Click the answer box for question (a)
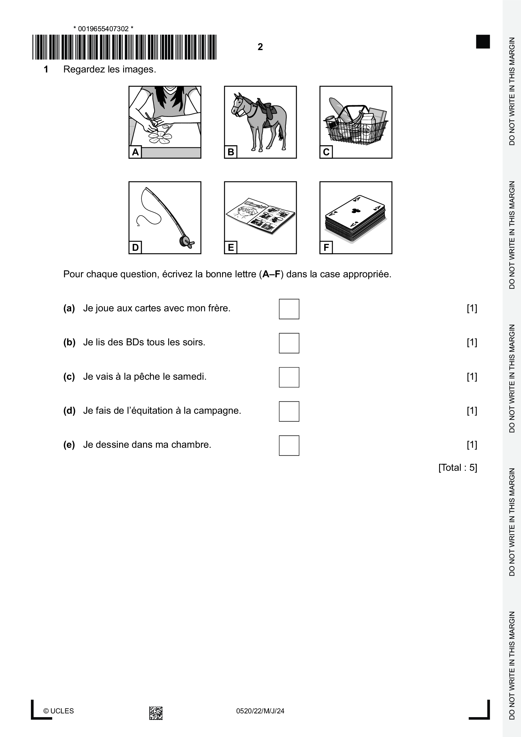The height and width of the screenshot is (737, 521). pyautogui.click(x=289, y=309)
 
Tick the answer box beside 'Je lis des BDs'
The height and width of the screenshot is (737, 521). pyautogui.click(x=289, y=343)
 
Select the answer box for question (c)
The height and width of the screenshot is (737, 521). pyautogui.click(x=289, y=377)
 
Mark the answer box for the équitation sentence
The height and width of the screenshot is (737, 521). pyautogui.click(x=289, y=411)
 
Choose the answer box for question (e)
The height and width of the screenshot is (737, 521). pyautogui.click(x=289, y=445)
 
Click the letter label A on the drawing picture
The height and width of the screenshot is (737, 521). pyautogui.click(x=135, y=152)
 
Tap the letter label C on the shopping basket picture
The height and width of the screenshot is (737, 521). pyautogui.click(x=326, y=152)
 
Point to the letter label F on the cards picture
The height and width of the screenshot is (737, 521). pyautogui.click(x=326, y=247)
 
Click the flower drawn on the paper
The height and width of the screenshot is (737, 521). pyautogui.click(x=160, y=137)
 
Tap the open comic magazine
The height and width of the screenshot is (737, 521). pyautogui.click(x=260, y=216)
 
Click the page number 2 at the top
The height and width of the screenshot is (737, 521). pyautogui.click(x=260, y=47)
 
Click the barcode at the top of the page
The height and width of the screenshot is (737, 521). pyautogui.click(x=124, y=47)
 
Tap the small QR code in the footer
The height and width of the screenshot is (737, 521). pyautogui.click(x=156, y=713)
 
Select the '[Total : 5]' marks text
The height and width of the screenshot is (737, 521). pyautogui.click(x=457, y=467)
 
